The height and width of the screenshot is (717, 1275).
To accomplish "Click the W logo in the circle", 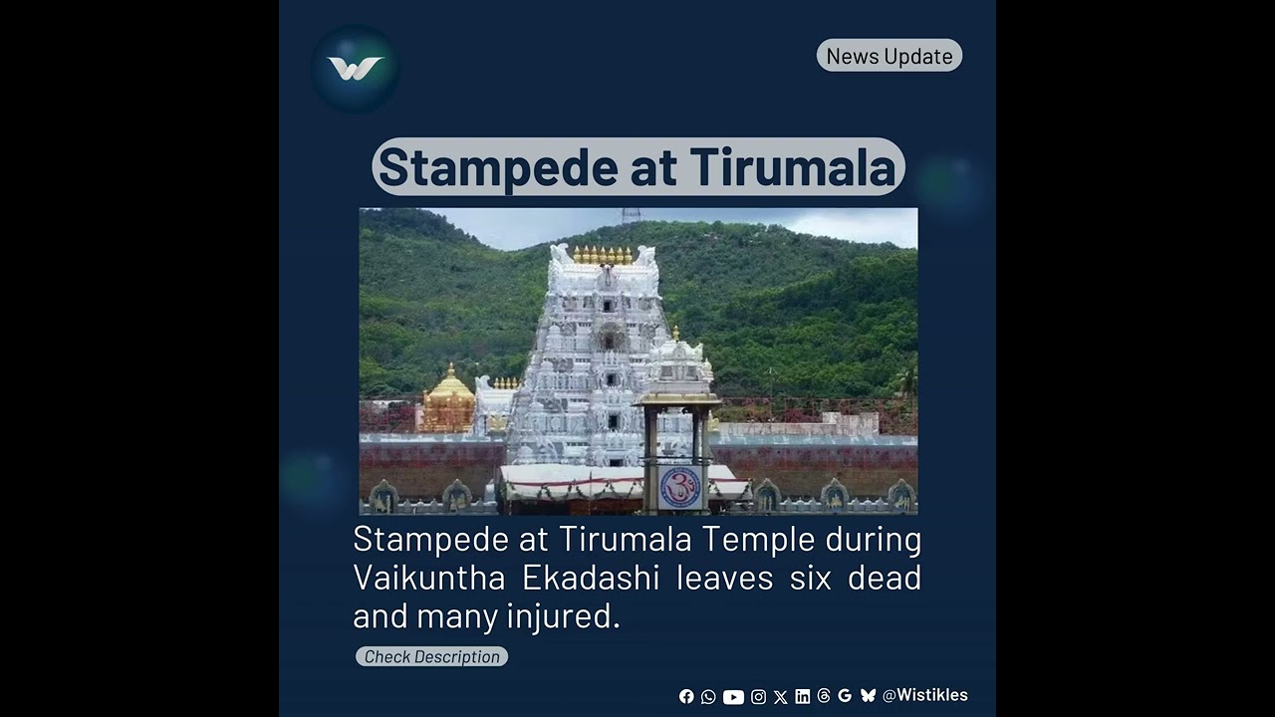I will (x=355, y=69).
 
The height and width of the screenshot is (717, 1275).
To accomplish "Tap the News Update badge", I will (x=890, y=56).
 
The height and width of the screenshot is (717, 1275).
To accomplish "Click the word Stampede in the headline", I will (x=498, y=166).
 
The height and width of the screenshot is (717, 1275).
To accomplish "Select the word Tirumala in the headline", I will (x=792, y=166).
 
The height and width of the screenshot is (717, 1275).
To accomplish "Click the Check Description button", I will (x=431, y=656).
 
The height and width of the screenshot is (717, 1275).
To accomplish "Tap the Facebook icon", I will (x=686, y=697).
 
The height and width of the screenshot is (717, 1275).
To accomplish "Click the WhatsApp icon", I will (x=708, y=697).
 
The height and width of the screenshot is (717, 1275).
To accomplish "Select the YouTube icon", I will (x=733, y=697).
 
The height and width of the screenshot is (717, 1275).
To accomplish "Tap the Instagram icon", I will (x=758, y=697).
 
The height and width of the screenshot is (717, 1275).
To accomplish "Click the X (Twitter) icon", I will (x=780, y=697).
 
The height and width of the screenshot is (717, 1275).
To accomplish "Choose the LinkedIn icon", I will (x=802, y=697).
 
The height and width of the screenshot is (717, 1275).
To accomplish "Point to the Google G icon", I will (x=845, y=696).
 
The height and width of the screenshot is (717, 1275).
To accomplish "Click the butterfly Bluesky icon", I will (x=868, y=696).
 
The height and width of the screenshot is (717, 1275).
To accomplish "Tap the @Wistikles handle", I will (x=925, y=695).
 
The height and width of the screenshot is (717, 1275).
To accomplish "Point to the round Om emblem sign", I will (x=680, y=488).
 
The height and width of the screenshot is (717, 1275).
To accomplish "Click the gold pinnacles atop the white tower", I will (x=603, y=255).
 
